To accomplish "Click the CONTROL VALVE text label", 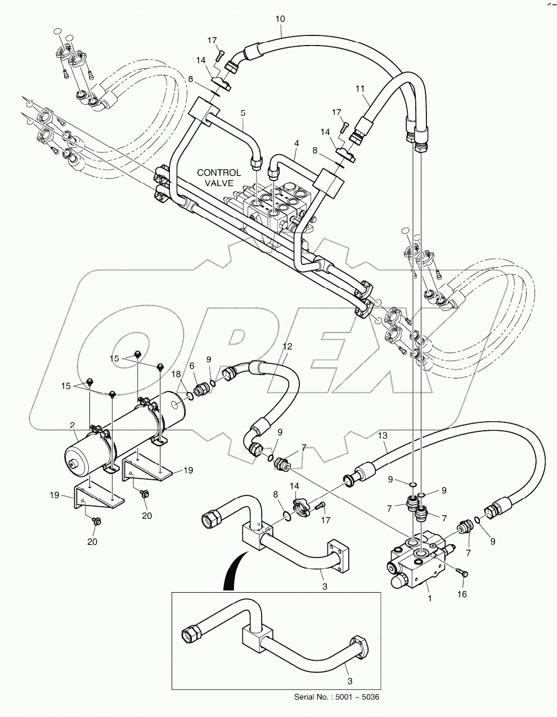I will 219,178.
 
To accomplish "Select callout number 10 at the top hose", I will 280,19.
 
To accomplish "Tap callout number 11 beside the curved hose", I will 360,88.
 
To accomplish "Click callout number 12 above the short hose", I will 288,347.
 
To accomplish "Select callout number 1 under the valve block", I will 430,599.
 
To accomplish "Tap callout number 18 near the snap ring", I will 176,374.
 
